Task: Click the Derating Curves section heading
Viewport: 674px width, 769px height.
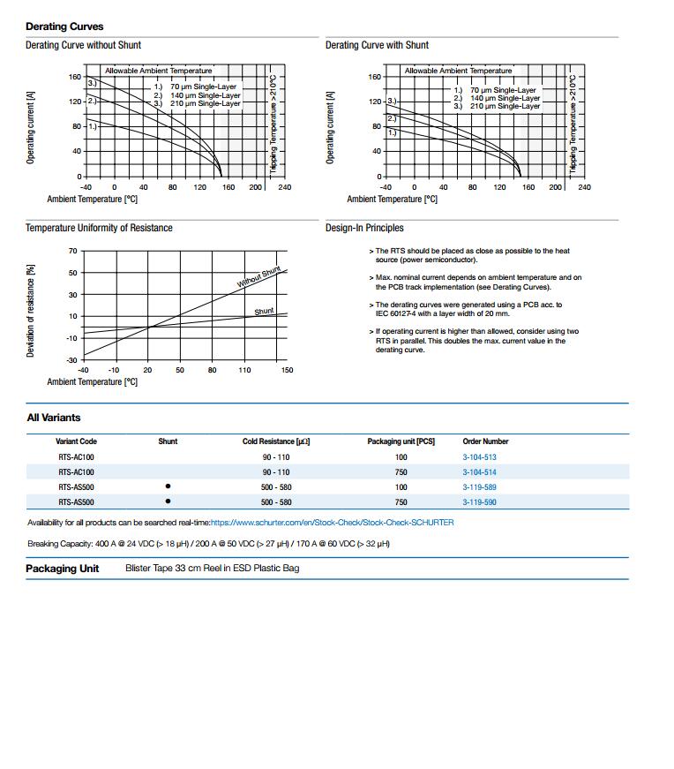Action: (64, 26)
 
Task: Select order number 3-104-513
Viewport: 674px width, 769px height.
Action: (479, 457)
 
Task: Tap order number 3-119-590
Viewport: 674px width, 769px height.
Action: (479, 501)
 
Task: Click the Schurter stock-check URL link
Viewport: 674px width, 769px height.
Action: (332, 523)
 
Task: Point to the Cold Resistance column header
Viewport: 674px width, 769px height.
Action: (276, 441)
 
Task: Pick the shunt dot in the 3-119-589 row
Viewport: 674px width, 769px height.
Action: (168, 486)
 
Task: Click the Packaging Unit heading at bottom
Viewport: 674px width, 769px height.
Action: (63, 569)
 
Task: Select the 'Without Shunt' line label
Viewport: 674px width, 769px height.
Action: (258, 277)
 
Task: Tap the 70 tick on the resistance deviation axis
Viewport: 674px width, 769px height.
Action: (72, 252)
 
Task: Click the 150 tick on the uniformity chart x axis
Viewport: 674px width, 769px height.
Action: (287, 370)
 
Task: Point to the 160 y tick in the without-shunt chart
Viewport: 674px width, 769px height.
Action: (75, 78)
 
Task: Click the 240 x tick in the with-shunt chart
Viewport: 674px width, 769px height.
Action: (584, 187)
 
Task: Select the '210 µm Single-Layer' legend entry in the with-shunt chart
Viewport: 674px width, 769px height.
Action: (505, 106)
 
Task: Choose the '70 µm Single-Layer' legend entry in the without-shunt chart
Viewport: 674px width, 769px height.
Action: (203, 87)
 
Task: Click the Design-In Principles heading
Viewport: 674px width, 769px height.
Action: (364, 228)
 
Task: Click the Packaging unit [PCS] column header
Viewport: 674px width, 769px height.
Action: (401, 441)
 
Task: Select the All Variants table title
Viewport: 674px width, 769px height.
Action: (53, 418)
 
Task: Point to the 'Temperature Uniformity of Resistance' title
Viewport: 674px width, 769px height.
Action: (99, 228)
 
